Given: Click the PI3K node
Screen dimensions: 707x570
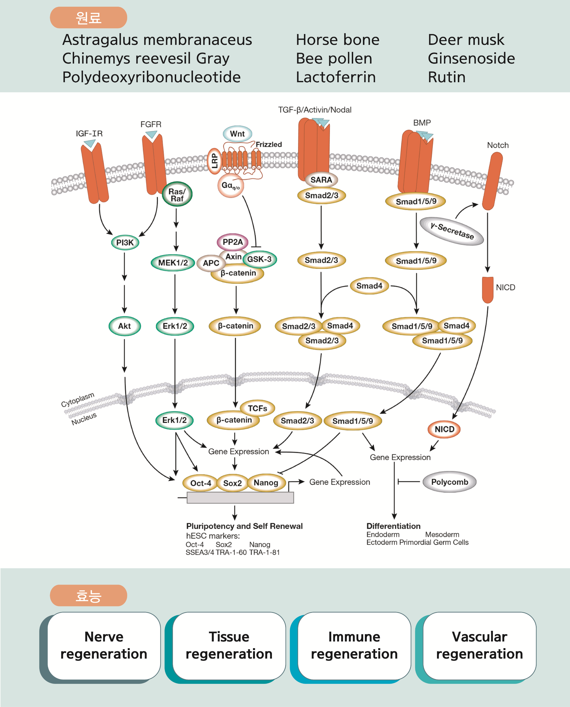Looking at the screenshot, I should pyautogui.click(x=125, y=242).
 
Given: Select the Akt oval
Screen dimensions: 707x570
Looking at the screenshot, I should pyautogui.click(x=125, y=326).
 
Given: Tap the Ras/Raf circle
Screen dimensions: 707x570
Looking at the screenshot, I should pyautogui.click(x=177, y=194).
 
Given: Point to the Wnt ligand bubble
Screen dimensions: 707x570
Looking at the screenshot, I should pyautogui.click(x=237, y=134).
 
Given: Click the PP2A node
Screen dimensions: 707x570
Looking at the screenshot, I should pyautogui.click(x=232, y=242).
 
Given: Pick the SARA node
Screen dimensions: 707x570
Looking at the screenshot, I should pyautogui.click(x=321, y=180).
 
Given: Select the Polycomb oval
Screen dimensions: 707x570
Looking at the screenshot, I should pyautogui.click(x=449, y=482).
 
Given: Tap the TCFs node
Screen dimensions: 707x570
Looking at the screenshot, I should pyautogui.click(x=257, y=408).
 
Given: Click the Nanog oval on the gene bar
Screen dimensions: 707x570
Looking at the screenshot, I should pyautogui.click(x=266, y=482).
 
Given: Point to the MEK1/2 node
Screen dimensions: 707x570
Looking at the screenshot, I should pyautogui.click(x=173, y=263).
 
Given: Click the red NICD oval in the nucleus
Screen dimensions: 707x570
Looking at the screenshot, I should pyautogui.click(x=444, y=429).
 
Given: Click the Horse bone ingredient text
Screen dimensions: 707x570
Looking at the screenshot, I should pyautogui.click(x=338, y=40).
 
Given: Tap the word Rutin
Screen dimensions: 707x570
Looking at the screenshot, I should pyautogui.click(x=446, y=77).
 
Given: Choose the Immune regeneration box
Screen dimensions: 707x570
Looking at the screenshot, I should pyautogui.click(x=354, y=645).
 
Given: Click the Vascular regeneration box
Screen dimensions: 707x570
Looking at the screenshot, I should pyautogui.click(x=479, y=645).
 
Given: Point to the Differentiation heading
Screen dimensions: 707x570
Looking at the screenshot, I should pyautogui.click(x=393, y=526).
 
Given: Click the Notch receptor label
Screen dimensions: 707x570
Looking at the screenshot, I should pyautogui.click(x=498, y=145).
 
